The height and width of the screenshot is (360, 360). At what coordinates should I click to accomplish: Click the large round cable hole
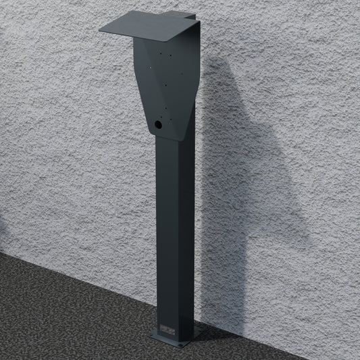tap(158, 125)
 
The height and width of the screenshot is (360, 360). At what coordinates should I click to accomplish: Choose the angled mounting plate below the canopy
tap(169, 88)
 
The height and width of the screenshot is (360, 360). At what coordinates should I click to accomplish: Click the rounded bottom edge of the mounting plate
tap(165, 138)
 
